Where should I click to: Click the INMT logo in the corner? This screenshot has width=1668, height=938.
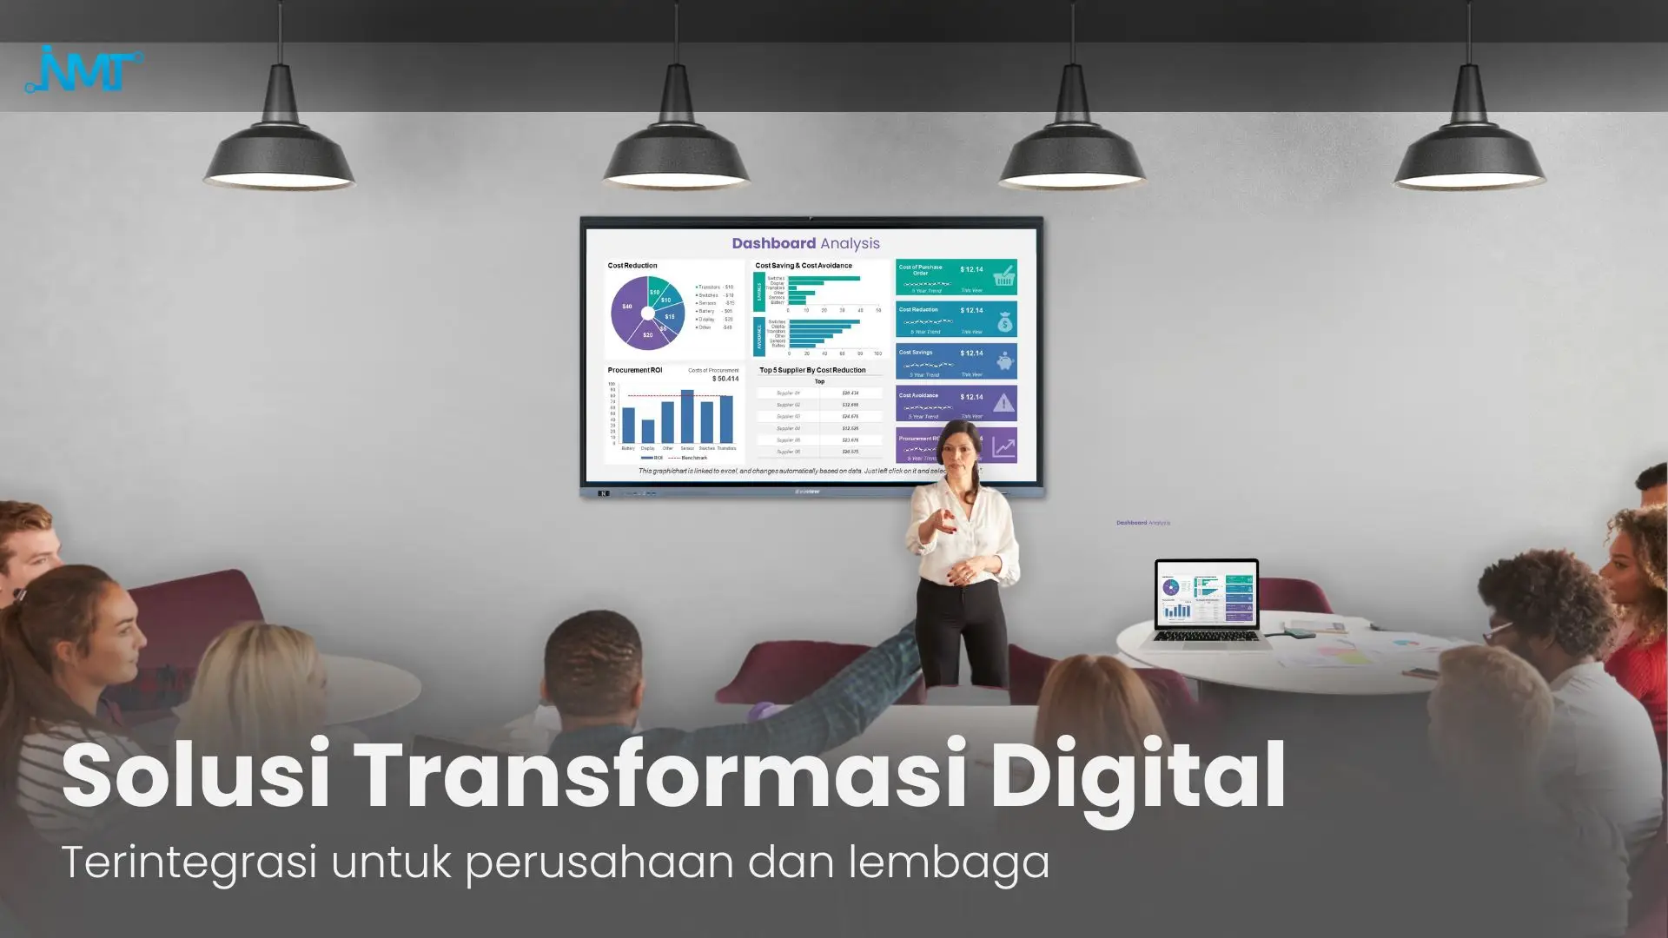(84, 69)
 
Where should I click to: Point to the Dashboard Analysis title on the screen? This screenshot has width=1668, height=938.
(805, 243)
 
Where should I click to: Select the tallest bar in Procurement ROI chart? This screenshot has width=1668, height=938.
(687, 417)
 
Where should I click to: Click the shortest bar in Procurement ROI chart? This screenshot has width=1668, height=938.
(648, 432)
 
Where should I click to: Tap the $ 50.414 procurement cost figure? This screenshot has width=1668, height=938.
(725, 379)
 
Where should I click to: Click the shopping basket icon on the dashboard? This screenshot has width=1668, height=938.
(1004, 276)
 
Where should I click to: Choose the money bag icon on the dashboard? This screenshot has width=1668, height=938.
(1004, 321)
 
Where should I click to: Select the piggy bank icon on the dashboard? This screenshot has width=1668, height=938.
(1004, 362)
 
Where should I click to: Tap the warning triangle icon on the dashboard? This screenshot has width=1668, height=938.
(1003, 403)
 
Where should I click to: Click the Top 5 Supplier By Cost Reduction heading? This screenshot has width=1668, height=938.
(812, 370)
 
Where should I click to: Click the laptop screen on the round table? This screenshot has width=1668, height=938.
(1206, 595)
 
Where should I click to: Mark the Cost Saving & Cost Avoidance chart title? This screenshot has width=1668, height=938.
(804, 266)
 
